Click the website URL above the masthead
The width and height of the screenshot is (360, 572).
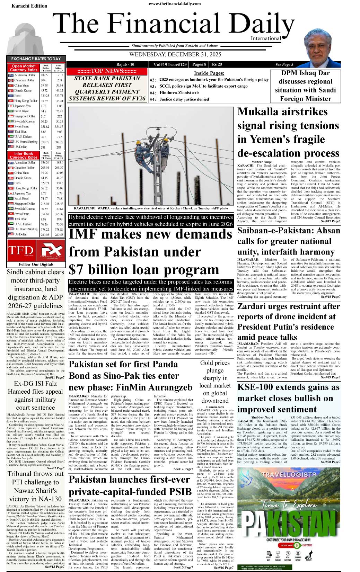tap(175, 4)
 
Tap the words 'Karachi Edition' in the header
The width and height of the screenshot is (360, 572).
tap(29, 6)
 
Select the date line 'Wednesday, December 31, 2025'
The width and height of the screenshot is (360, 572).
tap(175, 55)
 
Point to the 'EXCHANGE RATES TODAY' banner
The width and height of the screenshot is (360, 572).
tap(36, 59)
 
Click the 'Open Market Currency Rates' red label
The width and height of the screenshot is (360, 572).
tap(24, 68)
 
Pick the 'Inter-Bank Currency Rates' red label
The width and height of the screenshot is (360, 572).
tap(24, 155)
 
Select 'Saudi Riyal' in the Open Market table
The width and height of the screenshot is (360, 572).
tap(21, 111)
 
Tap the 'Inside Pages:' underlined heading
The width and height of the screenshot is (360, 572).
tap(209, 73)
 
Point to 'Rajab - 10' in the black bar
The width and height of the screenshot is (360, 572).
tap(125, 64)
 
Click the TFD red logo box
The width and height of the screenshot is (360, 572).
tap(21, 250)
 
